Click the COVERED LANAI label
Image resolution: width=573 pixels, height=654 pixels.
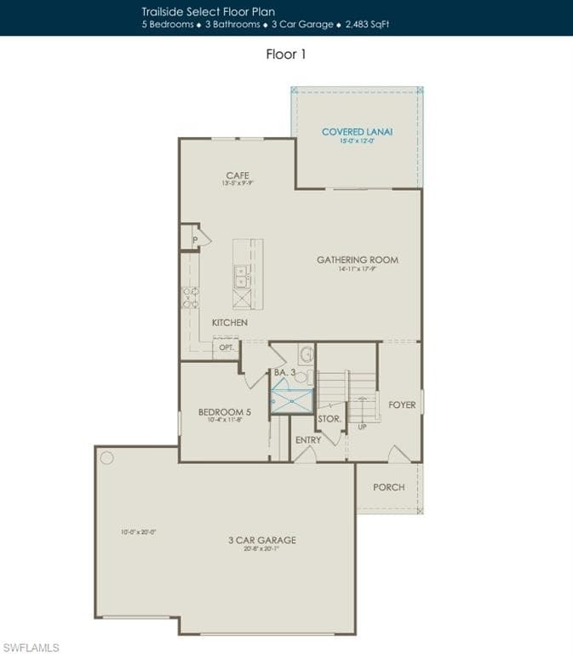click(357, 132)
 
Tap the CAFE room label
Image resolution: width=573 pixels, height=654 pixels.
click(238, 175)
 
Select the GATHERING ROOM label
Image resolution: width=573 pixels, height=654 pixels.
click(358, 260)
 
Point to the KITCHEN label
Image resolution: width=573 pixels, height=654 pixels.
click(230, 323)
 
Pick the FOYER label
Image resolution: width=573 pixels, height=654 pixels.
click(402, 404)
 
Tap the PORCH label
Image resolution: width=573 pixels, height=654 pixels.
click(389, 487)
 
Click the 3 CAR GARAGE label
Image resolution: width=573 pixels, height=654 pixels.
click(261, 540)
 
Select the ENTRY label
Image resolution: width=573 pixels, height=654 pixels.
click(308, 440)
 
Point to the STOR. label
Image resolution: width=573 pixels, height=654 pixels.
click(329, 419)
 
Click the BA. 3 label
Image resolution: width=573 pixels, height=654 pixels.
click(284, 373)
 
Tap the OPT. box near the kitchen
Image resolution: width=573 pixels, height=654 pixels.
click(226, 348)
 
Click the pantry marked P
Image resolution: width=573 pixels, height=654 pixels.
click(195, 240)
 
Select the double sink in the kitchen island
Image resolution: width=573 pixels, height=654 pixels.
click(241, 276)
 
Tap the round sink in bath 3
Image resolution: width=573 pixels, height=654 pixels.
click(307, 353)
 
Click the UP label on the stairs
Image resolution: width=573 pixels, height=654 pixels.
click(362, 427)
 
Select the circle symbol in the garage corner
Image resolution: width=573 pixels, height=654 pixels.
click(106, 457)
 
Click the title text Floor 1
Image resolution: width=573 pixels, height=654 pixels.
click(286, 54)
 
